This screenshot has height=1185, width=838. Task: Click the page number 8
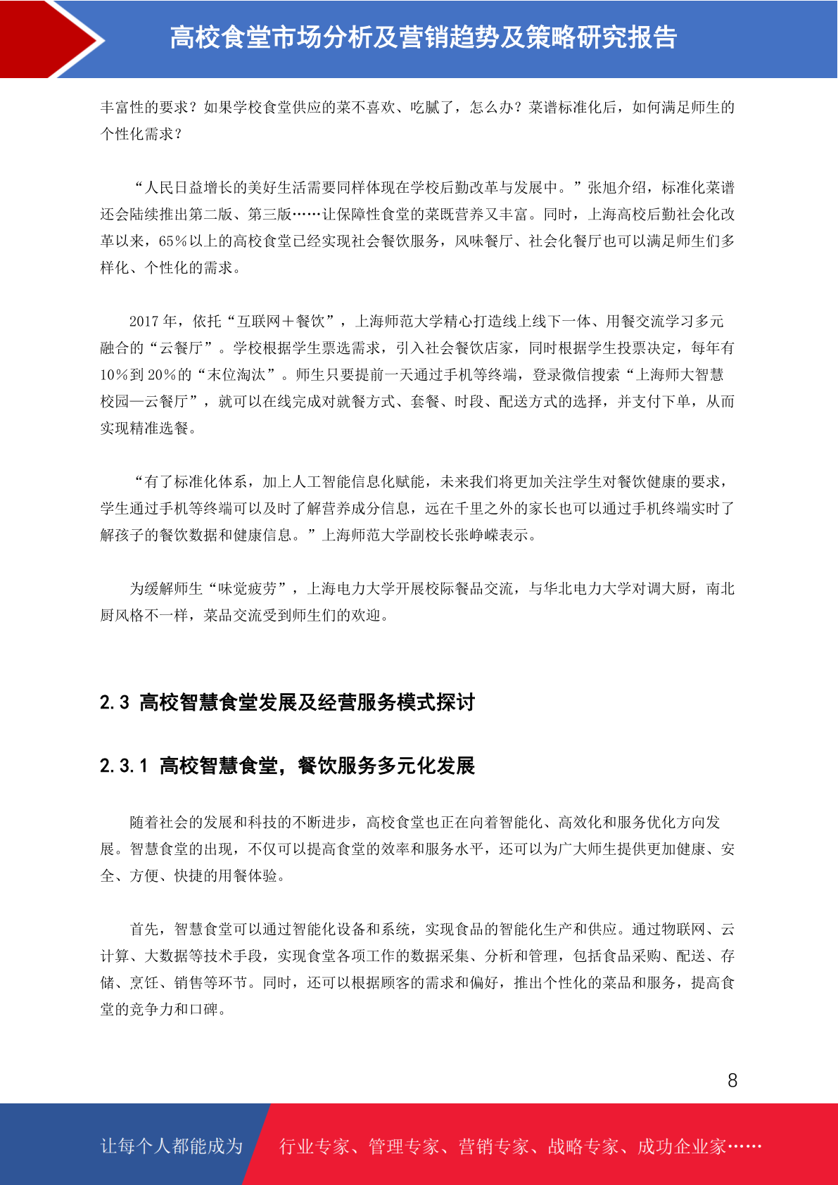[732, 1081]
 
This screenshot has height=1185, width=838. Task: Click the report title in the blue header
[423, 38]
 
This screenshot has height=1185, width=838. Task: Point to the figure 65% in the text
[173, 241]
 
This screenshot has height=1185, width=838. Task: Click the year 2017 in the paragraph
[144, 322]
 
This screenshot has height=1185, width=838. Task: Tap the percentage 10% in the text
[114, 375]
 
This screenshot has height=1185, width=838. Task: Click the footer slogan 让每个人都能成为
[172, 1146]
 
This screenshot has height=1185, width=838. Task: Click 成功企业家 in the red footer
[681, 1147]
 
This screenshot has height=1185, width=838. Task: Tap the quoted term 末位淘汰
[236, 375]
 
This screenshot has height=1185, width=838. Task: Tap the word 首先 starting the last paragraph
[144, 930]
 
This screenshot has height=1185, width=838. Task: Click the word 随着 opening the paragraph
[144, 823]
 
